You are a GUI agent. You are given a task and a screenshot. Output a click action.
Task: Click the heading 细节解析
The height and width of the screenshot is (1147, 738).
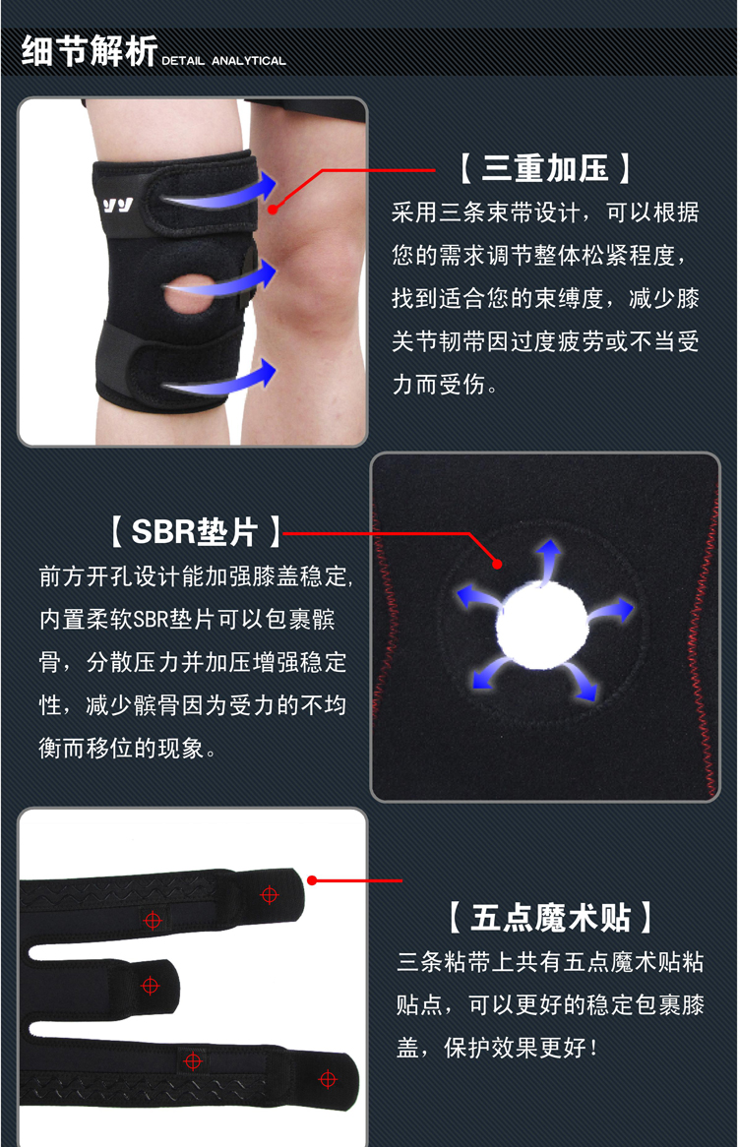[90, 51]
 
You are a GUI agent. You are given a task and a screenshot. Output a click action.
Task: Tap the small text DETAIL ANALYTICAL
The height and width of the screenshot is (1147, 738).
[223, 61]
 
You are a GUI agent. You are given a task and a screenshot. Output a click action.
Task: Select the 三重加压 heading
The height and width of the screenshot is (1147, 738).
[545, 168]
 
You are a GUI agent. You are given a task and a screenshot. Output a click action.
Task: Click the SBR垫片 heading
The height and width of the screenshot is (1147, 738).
[195, 531]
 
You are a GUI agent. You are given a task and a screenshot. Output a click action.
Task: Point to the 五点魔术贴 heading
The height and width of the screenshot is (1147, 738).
[550, 917]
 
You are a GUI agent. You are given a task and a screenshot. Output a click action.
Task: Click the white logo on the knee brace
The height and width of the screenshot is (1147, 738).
[117, 205]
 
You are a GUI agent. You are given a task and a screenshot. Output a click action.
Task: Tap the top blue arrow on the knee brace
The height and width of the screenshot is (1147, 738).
[220, 193]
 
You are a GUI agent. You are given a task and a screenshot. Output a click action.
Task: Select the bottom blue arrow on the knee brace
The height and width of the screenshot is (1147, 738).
[220, 379]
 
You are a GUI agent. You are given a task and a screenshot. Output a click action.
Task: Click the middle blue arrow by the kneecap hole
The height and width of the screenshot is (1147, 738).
[220, 280]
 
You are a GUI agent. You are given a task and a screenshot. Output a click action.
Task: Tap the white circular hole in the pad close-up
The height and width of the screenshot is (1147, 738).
[542, 627]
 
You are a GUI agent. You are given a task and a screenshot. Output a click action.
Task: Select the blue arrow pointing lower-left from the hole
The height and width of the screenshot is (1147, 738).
[489, 673]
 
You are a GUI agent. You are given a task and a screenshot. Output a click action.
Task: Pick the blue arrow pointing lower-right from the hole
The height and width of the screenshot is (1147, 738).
[586, 682]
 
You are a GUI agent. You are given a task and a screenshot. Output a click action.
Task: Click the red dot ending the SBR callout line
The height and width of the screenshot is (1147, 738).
[497, 564]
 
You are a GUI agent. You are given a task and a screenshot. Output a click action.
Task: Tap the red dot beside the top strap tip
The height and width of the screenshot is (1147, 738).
[312, 880]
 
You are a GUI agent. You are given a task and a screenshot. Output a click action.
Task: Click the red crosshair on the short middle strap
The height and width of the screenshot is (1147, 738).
[150, 986]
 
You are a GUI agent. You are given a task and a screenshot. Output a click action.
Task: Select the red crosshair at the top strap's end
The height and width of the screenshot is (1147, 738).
[270, 894]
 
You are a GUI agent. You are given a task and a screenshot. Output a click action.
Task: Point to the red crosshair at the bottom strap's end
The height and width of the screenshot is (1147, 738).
[328, 1078]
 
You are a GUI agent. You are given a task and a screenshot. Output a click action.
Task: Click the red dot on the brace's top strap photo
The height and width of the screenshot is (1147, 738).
[273, 210]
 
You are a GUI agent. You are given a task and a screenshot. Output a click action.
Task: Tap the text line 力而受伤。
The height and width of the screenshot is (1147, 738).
[445, 384]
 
